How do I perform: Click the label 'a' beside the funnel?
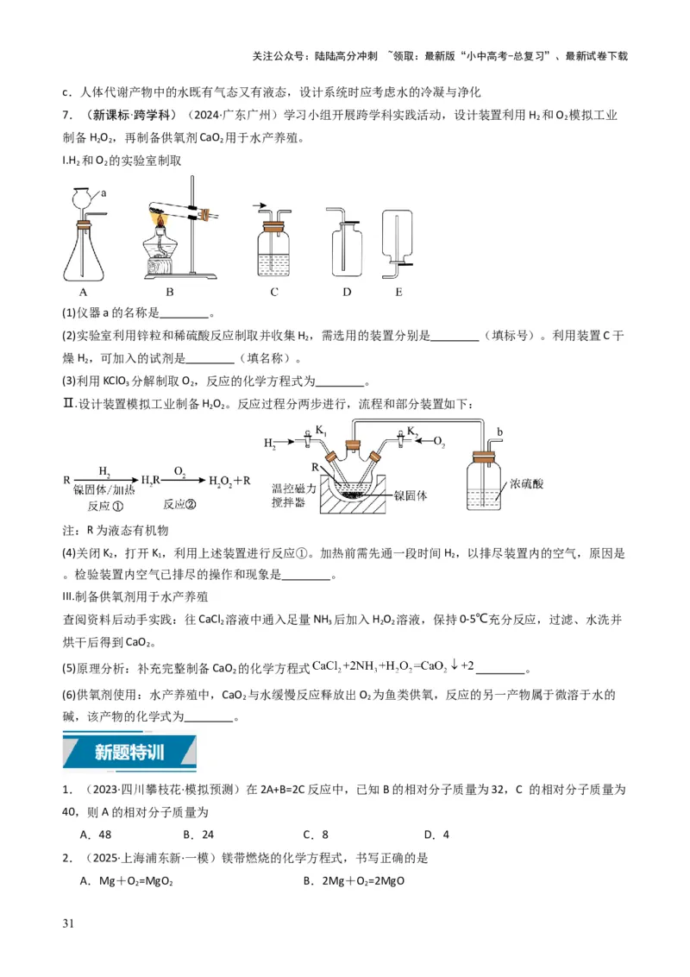(x=104, y=193)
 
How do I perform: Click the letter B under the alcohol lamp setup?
(x=170, y=292)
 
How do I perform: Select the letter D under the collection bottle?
(x=347, y=292)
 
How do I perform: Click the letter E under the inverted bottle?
(x=398, y=292)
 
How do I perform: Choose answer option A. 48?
(x=96, y=835)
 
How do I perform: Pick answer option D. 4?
(x=436, y=835)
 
